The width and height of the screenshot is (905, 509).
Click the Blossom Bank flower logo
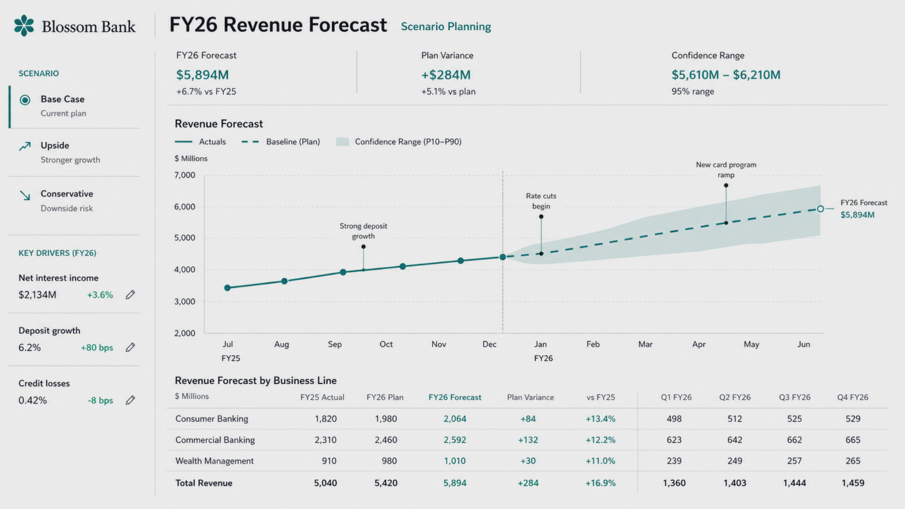(24, 26)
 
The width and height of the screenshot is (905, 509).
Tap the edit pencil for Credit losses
(130, 400)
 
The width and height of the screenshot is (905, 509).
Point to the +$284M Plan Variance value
(446, 75)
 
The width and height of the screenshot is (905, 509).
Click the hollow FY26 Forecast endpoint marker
(820, 209)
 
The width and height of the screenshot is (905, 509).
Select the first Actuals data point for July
(227, 288)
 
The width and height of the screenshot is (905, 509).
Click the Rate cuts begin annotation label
(541, 201)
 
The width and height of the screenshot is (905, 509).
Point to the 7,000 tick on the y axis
(185, 175)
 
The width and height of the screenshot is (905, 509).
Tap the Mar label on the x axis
(645, 344)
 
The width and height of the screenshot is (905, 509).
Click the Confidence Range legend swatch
(342, 142)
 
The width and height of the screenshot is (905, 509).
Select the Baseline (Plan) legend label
(293, 142)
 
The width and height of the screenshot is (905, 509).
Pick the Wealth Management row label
(214, 461)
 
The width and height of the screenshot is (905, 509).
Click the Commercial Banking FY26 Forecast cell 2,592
(455, 440)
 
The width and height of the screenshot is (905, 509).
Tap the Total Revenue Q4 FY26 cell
(853, 483)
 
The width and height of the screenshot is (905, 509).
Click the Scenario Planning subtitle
(446, 27)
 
